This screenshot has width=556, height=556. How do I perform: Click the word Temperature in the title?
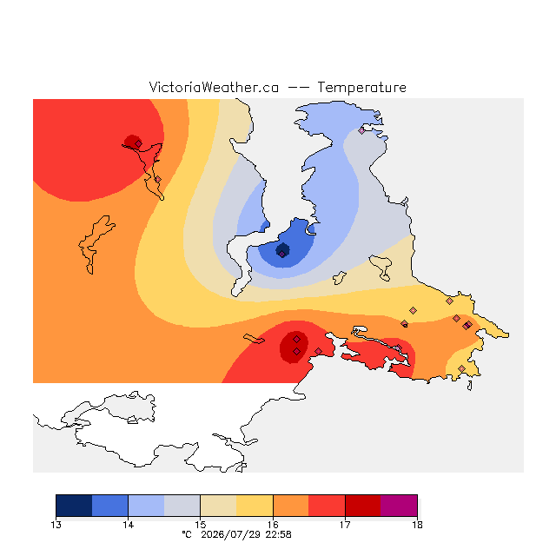(361, 87)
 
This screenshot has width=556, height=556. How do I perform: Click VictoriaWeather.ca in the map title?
(214, 87)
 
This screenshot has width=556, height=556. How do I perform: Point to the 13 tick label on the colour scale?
(56, 525)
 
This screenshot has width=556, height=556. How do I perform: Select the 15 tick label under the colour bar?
(201, 525)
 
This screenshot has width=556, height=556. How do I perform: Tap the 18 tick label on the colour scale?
(417, 525)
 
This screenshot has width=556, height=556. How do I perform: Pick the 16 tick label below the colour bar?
(273, 525)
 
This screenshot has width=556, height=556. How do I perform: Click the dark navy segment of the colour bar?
(74, 506)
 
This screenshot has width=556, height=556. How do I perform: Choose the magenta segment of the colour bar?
(399, 506)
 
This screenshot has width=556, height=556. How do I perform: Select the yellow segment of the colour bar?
(255, 506)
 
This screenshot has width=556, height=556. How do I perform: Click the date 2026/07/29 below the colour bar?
(231, 535)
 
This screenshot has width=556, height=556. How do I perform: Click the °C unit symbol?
(187, 534)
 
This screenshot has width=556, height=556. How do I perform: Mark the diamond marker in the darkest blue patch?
(281, 254)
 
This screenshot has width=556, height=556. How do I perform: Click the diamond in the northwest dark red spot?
(138, 143)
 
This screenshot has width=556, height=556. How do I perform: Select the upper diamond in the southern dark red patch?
(297, 340)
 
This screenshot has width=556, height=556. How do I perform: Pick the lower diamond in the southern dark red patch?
(297, 351)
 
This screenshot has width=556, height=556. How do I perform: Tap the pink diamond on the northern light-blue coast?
(361, 131)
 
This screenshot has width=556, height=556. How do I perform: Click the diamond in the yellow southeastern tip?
(461, 368)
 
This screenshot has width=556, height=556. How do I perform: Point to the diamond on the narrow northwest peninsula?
(158, 180)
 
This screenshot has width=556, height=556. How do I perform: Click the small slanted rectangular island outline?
(254, 339)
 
